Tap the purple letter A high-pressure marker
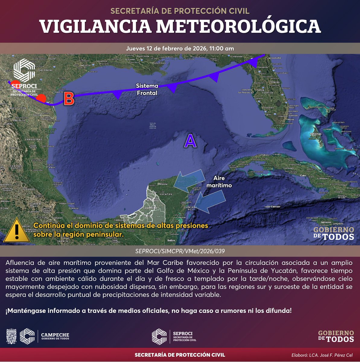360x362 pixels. click(x=190, y=141)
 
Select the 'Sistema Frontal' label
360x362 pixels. click(x=147, y=90)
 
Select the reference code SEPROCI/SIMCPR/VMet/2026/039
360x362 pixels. click(x=180, y=251)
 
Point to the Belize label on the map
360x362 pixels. click(x=171, y=240)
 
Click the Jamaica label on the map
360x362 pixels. click(x=326, y=222)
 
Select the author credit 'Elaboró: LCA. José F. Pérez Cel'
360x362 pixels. click(x=322, y=355)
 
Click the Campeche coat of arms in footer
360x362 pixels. click(x=11, y=336)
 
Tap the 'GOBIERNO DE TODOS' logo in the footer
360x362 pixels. click(x=336, y=336)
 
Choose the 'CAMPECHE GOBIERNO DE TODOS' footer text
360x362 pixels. click(x=55, y=336)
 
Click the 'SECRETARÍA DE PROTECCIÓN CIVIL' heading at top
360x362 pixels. click(x=180, y=11)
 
